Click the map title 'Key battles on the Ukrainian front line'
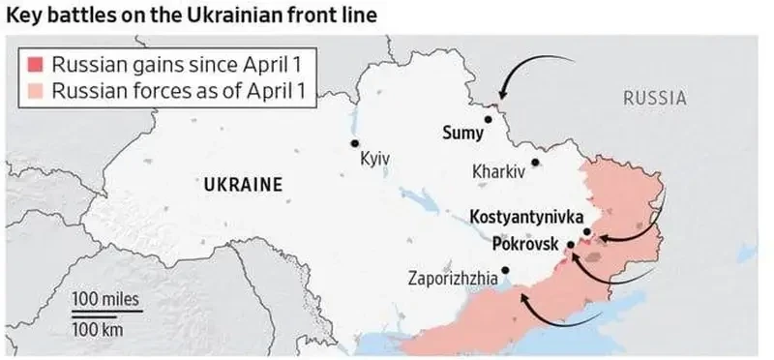(x=193, y=15)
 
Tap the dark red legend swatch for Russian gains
(x=36, y=67)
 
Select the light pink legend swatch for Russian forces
(x=36, y=92)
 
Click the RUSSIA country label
(x=654, y=98)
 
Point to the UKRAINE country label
(x=242, y=184)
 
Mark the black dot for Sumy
(x=489, y=120)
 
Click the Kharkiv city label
(x=498, y=172)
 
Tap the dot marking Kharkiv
(x=535, y=163)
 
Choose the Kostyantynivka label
(x=525, y=217)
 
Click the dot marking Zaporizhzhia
(x=504, y=271)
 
